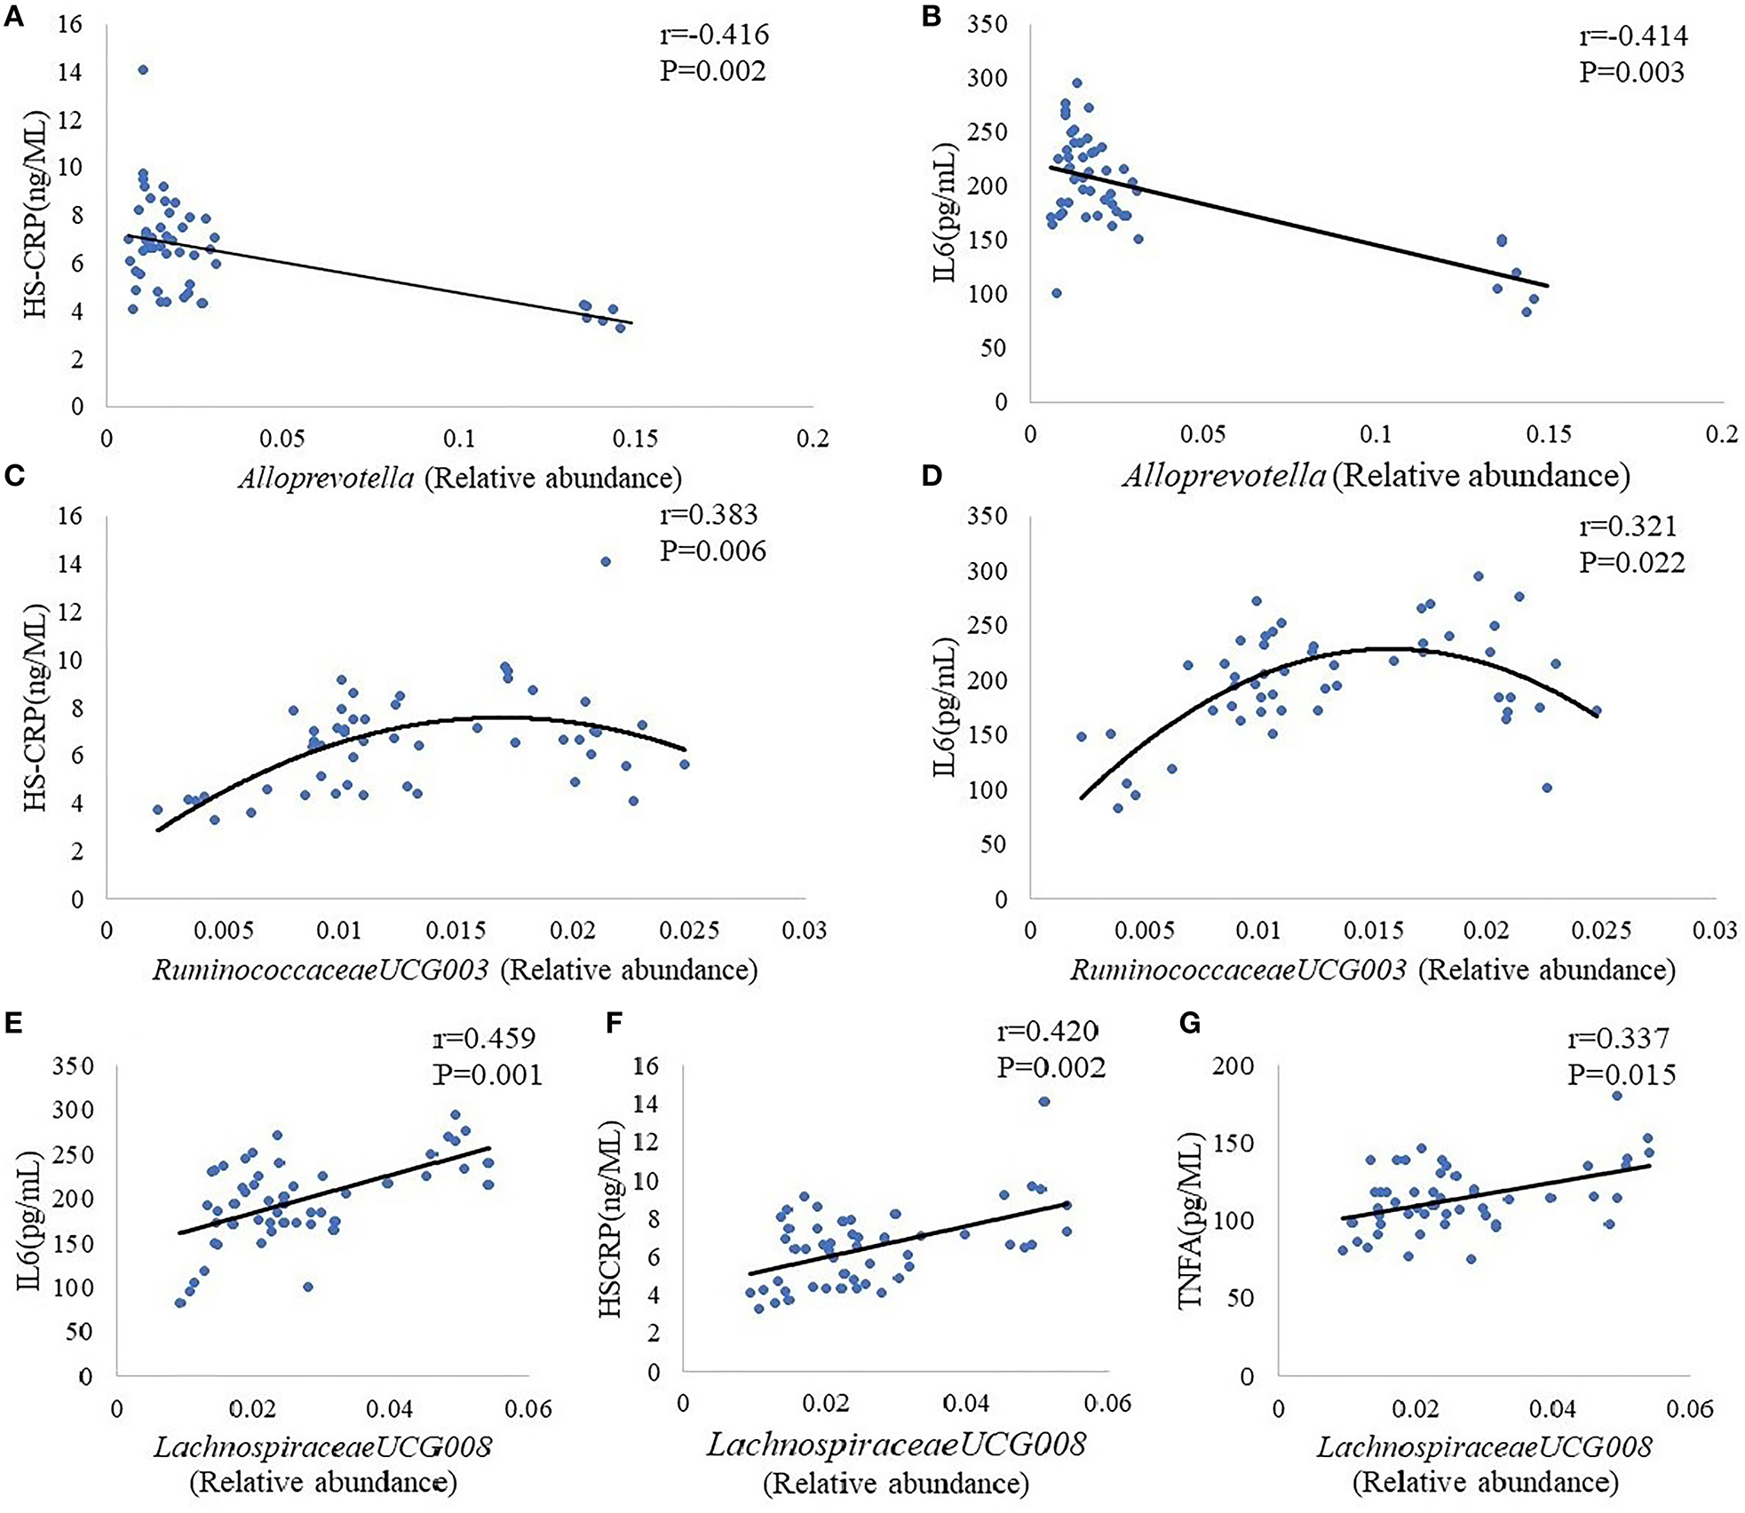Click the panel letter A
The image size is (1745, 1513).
(13, 18)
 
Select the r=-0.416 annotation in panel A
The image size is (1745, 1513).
(714, 35)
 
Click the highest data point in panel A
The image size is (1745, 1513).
(143, 70)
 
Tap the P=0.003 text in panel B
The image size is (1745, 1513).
(1631, 72)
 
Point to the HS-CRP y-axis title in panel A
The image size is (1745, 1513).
(36, 214)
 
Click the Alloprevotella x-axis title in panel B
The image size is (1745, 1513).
(1376, 476)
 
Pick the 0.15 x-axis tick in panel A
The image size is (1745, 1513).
(635, 439)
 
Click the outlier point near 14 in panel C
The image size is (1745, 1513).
(606, 561)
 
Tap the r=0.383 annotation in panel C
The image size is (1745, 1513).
(709, 515)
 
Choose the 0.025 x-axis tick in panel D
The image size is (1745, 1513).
(1601, 931)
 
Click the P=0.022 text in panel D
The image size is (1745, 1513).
(1631, 562)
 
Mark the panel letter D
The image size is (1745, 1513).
(932, 476)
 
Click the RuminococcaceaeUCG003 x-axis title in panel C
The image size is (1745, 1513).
(455, 970)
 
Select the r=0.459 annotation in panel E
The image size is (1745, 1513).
(484, 1038)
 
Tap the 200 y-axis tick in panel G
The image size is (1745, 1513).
(1234, 1065)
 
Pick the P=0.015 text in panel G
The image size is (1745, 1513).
(1622, 1074)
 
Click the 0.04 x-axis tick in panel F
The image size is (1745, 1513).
(966, 1403)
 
